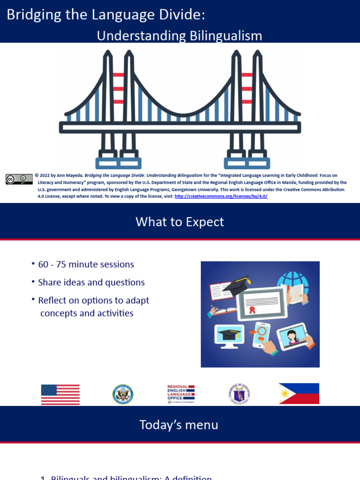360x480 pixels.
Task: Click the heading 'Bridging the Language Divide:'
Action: click(106, 15)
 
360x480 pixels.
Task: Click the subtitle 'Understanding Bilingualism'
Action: click(179, 36)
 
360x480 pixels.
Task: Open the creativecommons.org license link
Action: click(221, 196)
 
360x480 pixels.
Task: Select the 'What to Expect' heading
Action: click(180, 222)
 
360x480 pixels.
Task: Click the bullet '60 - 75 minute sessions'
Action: click(86, 264)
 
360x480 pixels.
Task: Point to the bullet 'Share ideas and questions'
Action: click(91, 282)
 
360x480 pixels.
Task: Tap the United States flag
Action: click(60, 394)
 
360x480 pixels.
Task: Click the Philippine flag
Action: click(299, 394)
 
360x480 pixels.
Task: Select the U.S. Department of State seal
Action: click(123, 394)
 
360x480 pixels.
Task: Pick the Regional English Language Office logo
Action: click(180, 394)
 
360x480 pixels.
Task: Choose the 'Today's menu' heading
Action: click(179, 425)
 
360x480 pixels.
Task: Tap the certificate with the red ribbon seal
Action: click(262, 303)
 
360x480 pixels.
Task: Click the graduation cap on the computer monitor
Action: click(229, 334)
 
